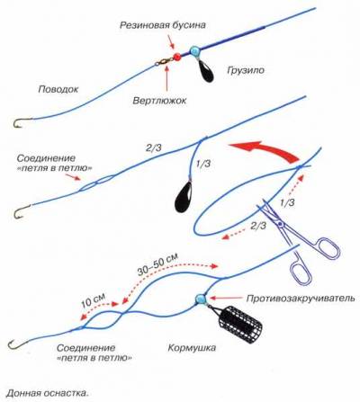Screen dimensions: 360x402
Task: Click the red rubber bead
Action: (176, 56)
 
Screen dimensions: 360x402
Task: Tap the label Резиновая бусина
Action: (163, 25)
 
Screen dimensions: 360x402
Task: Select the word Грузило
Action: (246, 70)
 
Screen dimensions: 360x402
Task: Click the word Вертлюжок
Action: (159, 100)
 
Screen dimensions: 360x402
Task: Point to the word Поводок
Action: (58, 89)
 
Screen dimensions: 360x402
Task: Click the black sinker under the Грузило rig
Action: (206, 73)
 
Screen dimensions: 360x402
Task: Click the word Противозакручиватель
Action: (301, 299)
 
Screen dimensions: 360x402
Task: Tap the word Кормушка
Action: (192, 348)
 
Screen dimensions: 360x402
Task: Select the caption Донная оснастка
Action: (48, 393)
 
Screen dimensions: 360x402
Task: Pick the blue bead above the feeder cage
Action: (201, 299)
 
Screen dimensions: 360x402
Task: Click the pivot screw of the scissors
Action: (280, 225)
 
